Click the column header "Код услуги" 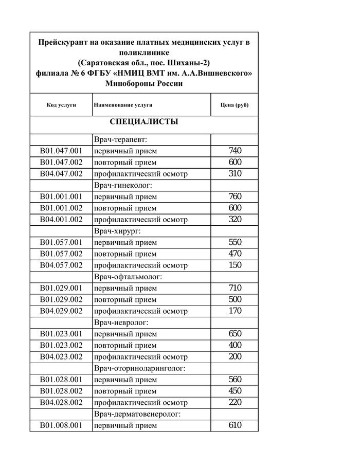(x=61, y=105)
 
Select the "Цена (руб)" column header (x=235, y=105)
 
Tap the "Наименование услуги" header (x=123, y=105)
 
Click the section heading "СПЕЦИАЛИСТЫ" (x=144, y=122)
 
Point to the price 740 (x=235, y=151)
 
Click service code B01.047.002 (x=61, y=163)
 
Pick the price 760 (x=235, y=196)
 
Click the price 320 (x=235, y=220)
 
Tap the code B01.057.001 (x=61, y=242)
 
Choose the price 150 (x=235, y=265)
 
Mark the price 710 (x=235, y=288)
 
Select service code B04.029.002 (x=61, y=311)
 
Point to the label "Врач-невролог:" (x=121, y=322)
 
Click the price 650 (x=235, y=334)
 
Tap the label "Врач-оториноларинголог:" (x=139, y=368)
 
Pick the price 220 (x=235, y=403)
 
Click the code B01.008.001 (x=61, y=425)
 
